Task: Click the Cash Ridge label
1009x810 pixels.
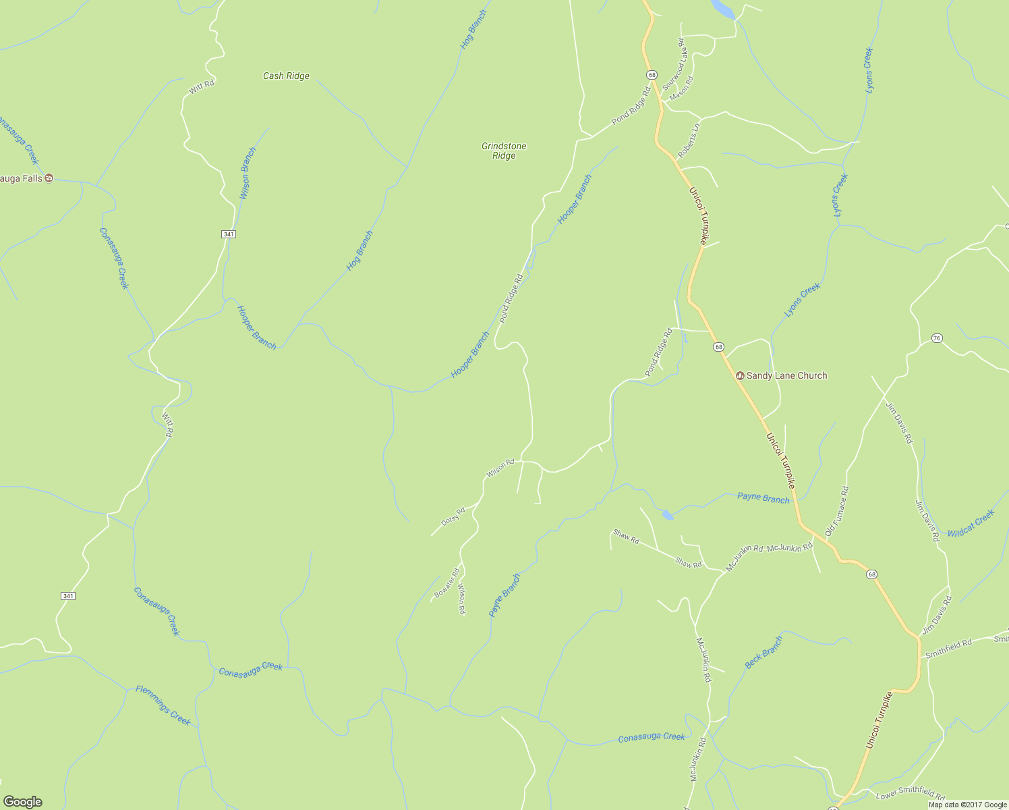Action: tap(286, 76)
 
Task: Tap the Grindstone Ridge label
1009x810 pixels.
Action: tap(504, 151)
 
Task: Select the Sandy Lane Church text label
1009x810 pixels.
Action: tap(786, 376)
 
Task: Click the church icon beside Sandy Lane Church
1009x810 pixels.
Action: tap(740, 376)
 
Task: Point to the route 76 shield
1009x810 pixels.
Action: tap(936, 337)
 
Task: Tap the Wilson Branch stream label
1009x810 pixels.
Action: tap(248, 173)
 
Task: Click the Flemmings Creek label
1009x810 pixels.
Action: tap(163, 705)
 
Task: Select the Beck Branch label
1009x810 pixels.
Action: tap(764, 652)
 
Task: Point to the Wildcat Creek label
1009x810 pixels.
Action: tap(971, 523)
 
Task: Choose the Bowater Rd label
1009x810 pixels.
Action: tap(446, 585)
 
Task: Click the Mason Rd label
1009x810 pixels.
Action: tap(681, 88)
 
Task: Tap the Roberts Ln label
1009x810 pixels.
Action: tap(689, 140)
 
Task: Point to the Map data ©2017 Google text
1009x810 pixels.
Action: tap(967, 805)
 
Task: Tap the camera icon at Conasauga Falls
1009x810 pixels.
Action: tap(49, 178)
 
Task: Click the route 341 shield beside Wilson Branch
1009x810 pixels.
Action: tap(228, 234)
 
